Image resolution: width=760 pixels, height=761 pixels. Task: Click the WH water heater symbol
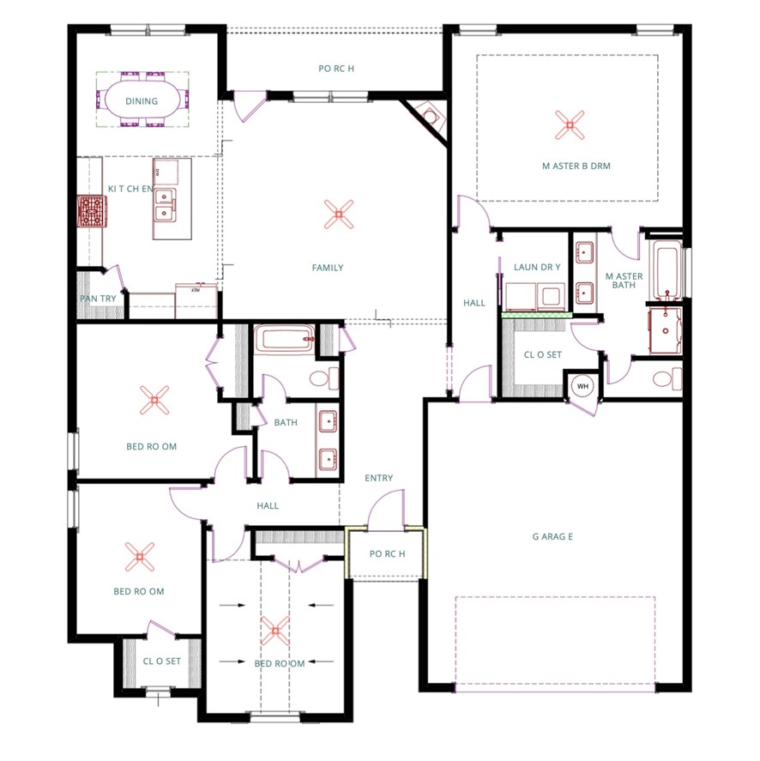click(582, 386)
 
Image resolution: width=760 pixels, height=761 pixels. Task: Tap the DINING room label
click(142, 101)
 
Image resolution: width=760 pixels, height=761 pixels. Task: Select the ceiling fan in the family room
click(339, 213)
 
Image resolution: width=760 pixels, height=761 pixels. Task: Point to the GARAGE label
click(552, 537)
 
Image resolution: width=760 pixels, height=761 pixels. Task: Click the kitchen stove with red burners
click(92, 210)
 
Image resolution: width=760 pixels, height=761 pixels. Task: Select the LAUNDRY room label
click(536, 268)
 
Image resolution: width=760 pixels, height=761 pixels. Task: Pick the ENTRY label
click(378, 479)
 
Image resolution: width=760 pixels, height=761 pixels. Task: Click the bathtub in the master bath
click(667, 269)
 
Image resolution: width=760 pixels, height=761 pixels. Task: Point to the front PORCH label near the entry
click(387, 553)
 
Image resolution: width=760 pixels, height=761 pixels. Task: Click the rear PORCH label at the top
click(335, 69)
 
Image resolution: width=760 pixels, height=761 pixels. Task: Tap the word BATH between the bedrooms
click(286, 422)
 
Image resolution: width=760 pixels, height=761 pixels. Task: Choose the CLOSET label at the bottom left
click(161, 661)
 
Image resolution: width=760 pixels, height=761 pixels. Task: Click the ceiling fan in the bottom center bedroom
click(275, 631)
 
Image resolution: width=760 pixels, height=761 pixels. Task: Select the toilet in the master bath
click(666, 379)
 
